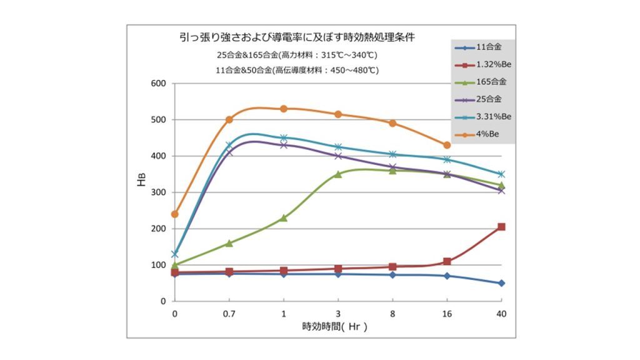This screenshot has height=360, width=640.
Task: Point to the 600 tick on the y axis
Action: coord(158,83)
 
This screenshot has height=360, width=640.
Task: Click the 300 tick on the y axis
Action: coord(158,192)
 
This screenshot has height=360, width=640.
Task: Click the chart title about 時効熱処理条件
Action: coord(297,37)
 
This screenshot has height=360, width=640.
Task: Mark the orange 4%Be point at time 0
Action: coord(174,214)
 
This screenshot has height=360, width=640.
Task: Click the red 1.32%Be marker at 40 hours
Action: coord(501,227)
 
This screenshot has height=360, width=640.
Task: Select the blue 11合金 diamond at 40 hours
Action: coord(501,283)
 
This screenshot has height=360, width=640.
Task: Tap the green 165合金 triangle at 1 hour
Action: coord(283,217)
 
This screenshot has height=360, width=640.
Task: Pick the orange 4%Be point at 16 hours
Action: coord(447,145)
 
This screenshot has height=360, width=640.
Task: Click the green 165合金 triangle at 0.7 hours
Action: coord(229,243)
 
